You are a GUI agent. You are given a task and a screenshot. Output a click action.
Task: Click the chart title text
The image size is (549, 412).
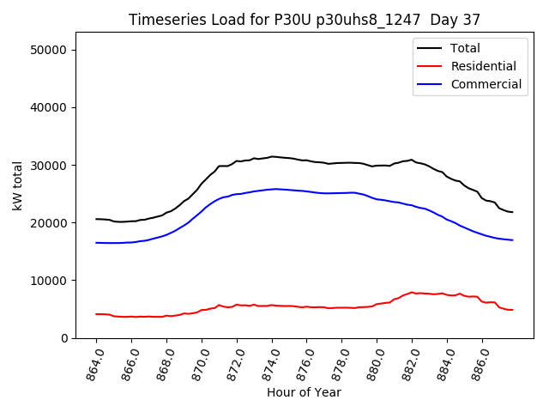pos(305,20)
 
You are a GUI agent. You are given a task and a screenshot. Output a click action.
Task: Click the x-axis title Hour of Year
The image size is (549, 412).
pos(304,392)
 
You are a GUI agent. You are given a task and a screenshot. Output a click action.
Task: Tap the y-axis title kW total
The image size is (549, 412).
pos(17,185)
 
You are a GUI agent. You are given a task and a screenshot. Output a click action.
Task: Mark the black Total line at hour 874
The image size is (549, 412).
pos(272,156)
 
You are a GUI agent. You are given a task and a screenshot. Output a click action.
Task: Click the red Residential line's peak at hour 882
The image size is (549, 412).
pos(412,293)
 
